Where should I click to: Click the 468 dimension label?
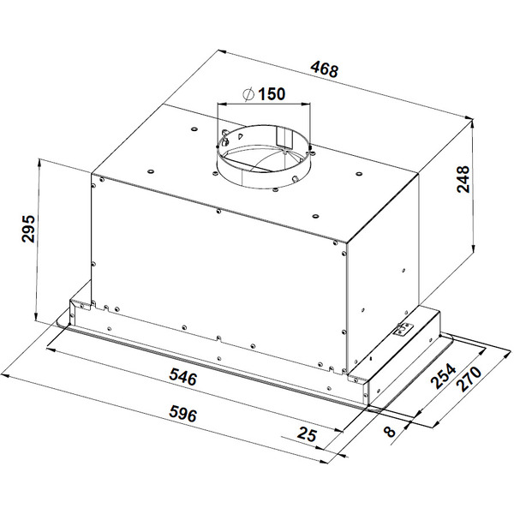[324, 69]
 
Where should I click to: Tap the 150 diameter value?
[272, 93]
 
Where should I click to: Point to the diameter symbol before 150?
[248, 94]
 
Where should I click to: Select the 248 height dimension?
[463, 179]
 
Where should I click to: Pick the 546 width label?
[183, 377]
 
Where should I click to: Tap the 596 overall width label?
[183, 414]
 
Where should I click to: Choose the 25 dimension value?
[308, 434]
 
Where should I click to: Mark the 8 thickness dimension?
[390, 431]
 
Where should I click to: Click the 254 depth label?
[443, 376]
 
